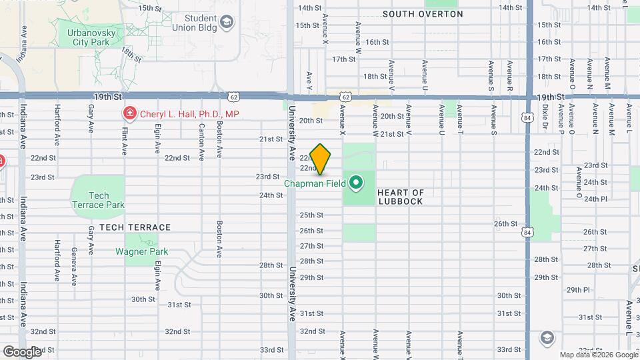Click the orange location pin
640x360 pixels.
pyautogui.click(x=320, y=159)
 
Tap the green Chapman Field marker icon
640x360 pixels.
pyautogui.click(x=356, y=181)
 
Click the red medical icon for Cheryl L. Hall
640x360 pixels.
pyautogui.click(x=127, y=114)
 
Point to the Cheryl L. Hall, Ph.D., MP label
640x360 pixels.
pyautogui.click(x=189, y=114)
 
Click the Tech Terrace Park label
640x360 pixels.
pyautogui.click(x=99, y=200)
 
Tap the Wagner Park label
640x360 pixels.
pyautogui.click(x=141, y=251)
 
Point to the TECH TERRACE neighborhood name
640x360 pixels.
pyautogui.click(x=135, y=227)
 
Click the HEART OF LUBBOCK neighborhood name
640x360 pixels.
pyautogui.click(x=400, y=197)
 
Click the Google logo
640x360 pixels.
pyautogui.click(x=22, y=351)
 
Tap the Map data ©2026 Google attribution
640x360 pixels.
pyautogui.click(x=599, y=355)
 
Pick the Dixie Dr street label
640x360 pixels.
pyautogui.click(x=545, y=116)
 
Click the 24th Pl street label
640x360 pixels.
pyautogui.click(x=595, y=199)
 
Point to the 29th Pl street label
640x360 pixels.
pyautogui.click(x=578, y=290)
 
